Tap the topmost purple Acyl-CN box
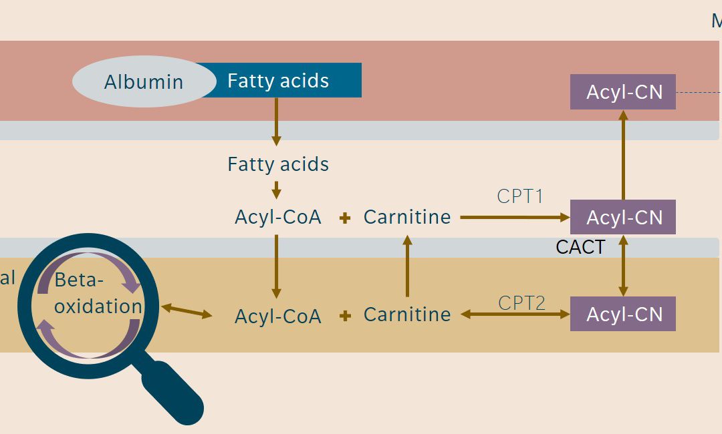click(x=623, y=91)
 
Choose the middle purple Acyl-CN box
click(x=623, y=217)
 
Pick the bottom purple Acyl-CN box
click(x=623, y=314)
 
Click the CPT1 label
click(x=520, y=196)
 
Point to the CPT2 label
click(x=522, y=303)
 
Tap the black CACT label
click(x=580, y=247)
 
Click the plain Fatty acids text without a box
click(x=278, y=164)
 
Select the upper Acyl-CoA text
click(x=278, y=217)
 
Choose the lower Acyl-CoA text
click(x=278, y=316)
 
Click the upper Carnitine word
click(x=407, y=217)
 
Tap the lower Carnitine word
click(x=407, y=314)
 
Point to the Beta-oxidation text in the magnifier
click(x=98, y=293)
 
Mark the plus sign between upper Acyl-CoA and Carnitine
click(x=345, y=218)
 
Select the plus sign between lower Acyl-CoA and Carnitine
click(x=345, y=316)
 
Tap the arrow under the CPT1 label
click(x=515, y=217)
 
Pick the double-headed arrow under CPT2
click(x=515, y=314)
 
